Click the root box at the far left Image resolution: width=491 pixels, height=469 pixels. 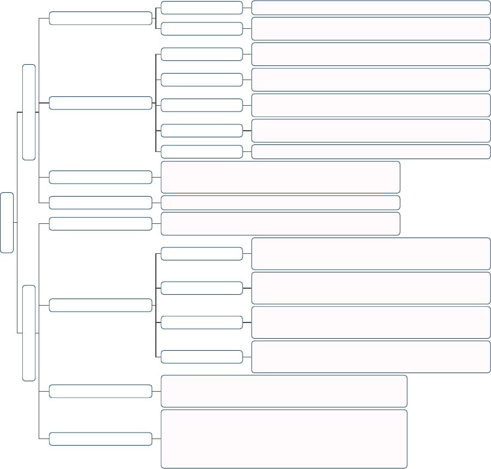pos(7,222)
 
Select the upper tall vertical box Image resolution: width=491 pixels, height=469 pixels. pos(29,112)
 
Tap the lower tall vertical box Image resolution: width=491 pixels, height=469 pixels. pos(29,332)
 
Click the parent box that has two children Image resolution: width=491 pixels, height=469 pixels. pos(100,18)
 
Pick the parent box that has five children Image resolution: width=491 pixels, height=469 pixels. pos(100,103)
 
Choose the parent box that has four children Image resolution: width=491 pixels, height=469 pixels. pos(100,305)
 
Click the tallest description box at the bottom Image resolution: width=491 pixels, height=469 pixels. pos(284,438)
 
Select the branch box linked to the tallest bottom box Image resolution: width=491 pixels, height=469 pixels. pos(100,438)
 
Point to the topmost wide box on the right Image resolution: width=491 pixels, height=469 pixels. pos(371,8)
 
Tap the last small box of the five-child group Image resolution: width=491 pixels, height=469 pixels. pos(202,151)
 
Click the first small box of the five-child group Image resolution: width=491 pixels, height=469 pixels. pos(202,54)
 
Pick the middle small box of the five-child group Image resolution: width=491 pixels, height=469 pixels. pos(202,105)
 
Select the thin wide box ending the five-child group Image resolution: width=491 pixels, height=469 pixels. pos(371,151)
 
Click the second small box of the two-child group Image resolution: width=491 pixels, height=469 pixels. pos(202,29)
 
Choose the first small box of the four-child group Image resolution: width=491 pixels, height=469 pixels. pos(202,254)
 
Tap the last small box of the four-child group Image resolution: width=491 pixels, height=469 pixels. pos(202,357)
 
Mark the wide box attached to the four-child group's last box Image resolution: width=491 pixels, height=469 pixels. pos(371,357)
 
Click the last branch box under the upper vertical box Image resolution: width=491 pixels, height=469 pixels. pos(100,203)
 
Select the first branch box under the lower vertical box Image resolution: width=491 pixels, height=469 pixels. pos(100,224)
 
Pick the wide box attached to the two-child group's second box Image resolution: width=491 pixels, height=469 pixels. pos(371,29)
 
